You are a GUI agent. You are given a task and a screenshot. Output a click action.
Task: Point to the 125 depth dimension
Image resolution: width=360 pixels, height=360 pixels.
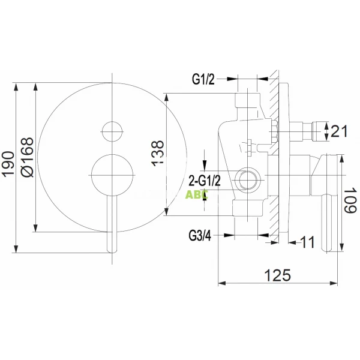277,275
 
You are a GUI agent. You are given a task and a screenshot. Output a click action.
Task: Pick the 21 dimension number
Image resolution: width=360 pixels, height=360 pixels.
340,130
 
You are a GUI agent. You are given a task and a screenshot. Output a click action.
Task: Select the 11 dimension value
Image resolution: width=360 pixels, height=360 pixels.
307,242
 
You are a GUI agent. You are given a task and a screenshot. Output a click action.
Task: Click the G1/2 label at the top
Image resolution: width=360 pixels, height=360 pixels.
203,79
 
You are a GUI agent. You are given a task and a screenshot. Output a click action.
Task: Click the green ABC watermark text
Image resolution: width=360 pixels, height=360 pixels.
196,194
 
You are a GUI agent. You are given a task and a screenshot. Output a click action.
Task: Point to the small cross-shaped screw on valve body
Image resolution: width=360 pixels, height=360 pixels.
246,145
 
